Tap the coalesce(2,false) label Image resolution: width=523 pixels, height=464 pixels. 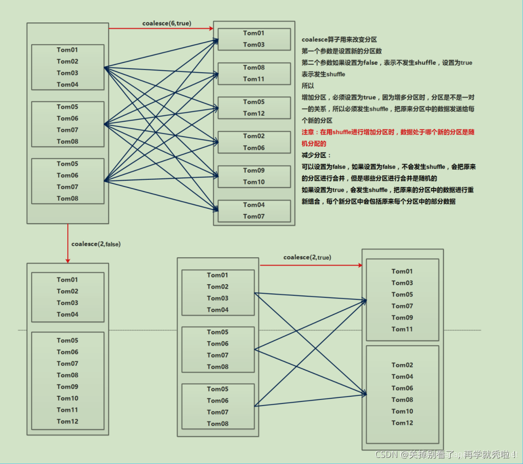coord(96,244)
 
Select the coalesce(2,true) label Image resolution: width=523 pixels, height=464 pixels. coord(307,257)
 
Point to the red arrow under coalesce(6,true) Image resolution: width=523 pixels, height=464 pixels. coord(161,29)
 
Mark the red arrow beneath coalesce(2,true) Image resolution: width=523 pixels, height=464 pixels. coord(311,265)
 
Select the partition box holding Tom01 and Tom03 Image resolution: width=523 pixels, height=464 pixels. coord(254,39)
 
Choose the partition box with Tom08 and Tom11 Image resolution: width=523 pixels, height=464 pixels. coord(254,73)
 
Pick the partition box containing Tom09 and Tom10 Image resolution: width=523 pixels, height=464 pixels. coord(254,176)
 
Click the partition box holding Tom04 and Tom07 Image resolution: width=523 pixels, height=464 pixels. coord(254,210)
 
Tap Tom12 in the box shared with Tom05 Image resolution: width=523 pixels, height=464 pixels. coord(254,114)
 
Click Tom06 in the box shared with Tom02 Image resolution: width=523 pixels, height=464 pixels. coord(254,148)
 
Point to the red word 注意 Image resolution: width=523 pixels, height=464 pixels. coord(309,132)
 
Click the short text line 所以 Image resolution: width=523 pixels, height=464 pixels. coord(308,86)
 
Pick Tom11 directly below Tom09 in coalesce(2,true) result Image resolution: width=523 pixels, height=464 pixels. coord(402,329)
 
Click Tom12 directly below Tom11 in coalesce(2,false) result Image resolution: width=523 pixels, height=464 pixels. coord(67,421)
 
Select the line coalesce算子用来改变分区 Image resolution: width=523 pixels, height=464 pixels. coord(339,40)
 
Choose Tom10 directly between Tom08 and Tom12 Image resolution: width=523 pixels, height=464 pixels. coord(402,411)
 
